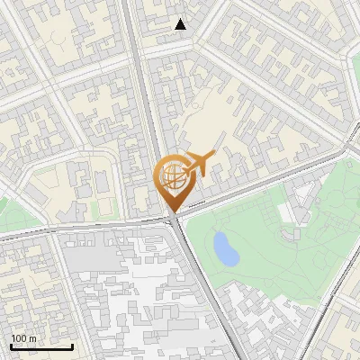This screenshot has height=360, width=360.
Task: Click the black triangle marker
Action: (x=181, y=24)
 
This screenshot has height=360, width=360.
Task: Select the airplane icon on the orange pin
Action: (x=198, y=164)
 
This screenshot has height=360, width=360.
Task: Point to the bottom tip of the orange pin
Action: (x=172, y=212)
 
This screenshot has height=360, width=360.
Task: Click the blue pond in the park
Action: (x=226, y=248)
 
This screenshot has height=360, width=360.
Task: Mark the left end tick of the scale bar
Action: (x=11, y=346)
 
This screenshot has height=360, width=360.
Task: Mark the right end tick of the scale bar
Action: (x=72, y=346)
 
